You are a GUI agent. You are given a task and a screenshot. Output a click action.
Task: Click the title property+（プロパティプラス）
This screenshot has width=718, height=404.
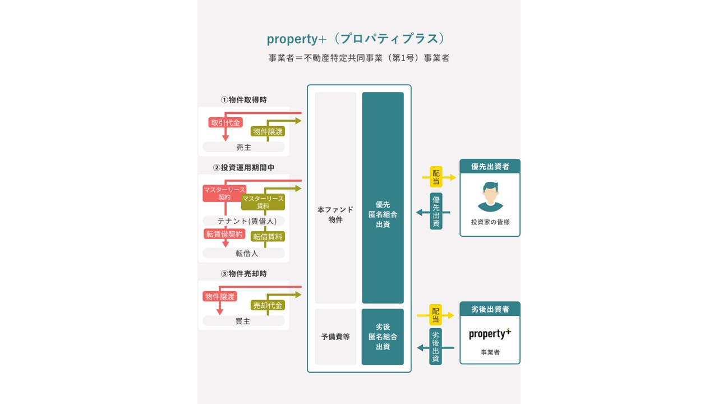click(x=356, y=39)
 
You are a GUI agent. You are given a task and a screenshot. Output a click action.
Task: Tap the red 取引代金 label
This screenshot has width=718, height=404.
click(x=225, y=122)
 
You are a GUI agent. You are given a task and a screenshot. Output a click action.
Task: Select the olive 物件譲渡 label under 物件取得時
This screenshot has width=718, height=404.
click(x=268, y=131)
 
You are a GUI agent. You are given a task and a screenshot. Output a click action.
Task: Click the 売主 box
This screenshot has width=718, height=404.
click(x=243, y=147)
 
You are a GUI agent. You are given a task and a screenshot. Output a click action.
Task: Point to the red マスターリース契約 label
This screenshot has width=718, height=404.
click(x=224, y=194)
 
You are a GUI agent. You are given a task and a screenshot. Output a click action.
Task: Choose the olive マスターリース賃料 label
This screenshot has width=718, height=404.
click(x=263, y=202)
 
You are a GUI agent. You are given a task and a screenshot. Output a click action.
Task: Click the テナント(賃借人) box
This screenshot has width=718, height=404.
click(x=243, y=221)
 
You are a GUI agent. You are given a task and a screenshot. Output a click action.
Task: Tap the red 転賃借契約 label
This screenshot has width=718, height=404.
click(x=224, y=234)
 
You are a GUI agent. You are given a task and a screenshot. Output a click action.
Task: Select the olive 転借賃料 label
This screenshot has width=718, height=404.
click(x=268, y=237)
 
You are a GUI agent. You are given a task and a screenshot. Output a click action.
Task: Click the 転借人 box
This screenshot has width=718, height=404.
click(x=243, y=253)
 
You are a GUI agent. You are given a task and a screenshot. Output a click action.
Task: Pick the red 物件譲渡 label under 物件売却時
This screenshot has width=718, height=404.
click(x=220, y=296)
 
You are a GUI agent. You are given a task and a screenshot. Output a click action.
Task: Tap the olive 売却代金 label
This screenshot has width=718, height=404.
click(x=268, y=305)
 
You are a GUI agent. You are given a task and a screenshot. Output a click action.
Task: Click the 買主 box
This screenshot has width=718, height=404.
click(x=243, y=321)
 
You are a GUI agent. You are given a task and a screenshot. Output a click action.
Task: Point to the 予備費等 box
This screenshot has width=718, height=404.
click(x=335, y=337)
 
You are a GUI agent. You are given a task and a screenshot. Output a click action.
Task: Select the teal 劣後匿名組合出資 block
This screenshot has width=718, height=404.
click(x=383, y=337)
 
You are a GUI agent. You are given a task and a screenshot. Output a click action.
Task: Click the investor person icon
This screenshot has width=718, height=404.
click(x=490, y=196)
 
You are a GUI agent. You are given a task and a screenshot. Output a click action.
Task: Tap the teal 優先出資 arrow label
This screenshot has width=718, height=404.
click(x=436, y=211)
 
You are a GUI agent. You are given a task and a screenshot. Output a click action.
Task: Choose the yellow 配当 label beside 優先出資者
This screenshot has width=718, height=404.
click(x=436, y=177)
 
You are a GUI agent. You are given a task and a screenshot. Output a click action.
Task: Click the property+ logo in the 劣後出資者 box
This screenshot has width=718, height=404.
click(x=490, y=333)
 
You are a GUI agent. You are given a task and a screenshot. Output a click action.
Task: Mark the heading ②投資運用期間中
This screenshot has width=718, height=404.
click(x=243, y=167)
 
